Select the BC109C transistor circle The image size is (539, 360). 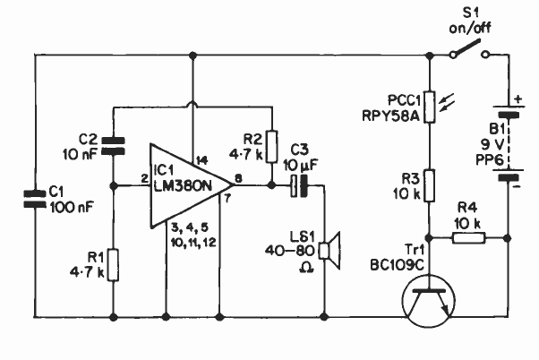click(430, 296)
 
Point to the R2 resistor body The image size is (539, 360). click(273, 146)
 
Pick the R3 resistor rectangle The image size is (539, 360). click(430, 184)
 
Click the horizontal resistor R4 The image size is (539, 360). click(468, 237)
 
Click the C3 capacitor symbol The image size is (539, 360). click(299, 186)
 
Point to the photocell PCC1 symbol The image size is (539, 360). click(430, 105)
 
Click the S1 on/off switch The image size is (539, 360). click(469, 53)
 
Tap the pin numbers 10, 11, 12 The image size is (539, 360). click(193, 242)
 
